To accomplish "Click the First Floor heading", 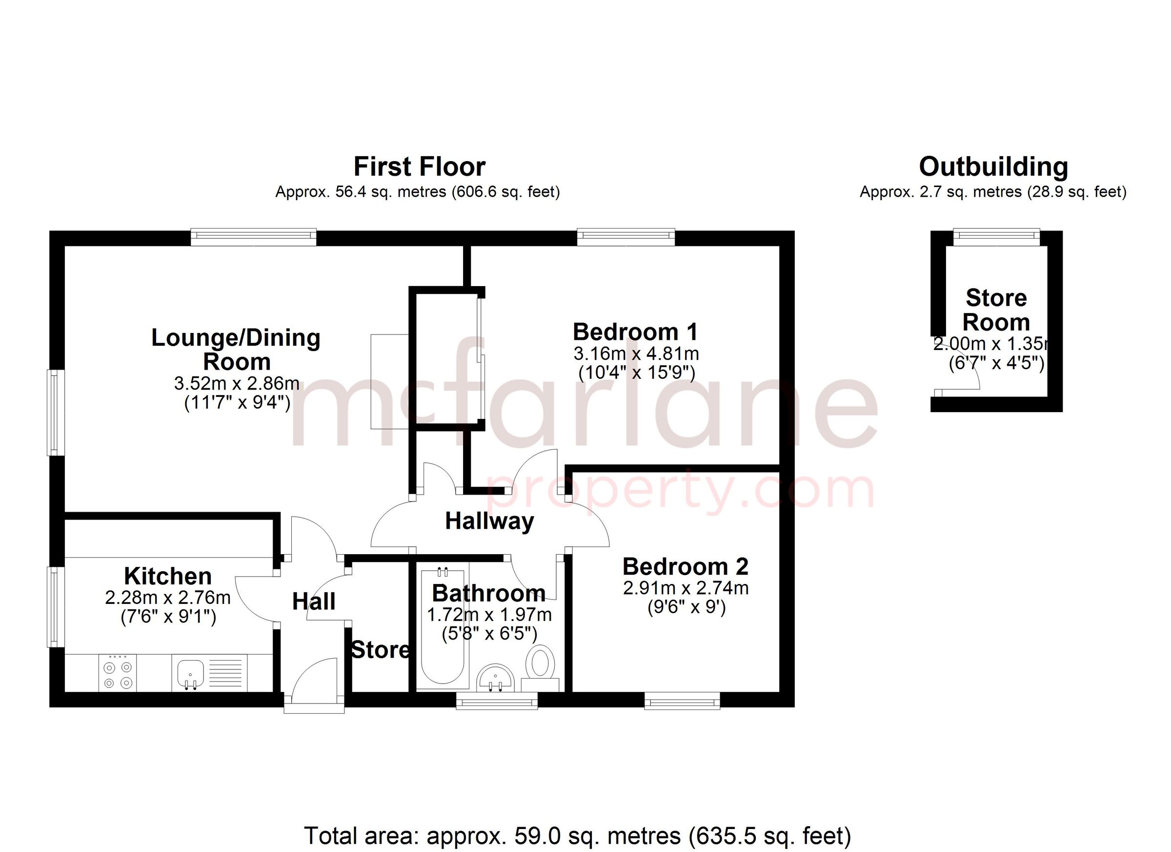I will [x=419, y=167].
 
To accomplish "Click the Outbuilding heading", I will [x=993, y=167].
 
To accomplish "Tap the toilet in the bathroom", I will [x=540, y=663].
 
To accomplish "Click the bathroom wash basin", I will [x=495, y=677].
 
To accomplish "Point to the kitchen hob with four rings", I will [x=118, y=675].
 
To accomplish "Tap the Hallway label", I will [x=489, y=521].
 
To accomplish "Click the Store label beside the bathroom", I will [x=380, y=650].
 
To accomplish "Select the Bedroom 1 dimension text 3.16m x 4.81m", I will [x=636, y=354].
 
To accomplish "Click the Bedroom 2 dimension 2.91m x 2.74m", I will [x=686, y=588].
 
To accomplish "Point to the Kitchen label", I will [x=168, y=576].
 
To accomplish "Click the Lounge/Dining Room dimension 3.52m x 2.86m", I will [x=237, y=383].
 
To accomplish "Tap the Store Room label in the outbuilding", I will [x=996, y=310].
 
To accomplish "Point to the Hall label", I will [x=313, y=602].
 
